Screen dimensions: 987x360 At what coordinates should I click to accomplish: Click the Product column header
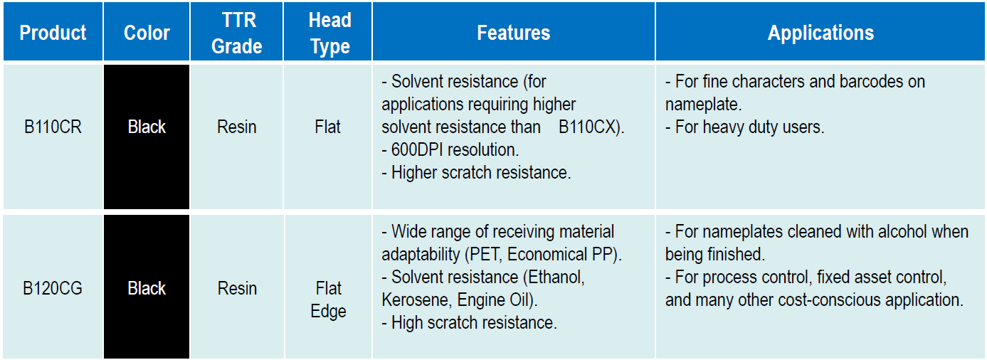53,33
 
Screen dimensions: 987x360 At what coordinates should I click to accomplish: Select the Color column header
147,33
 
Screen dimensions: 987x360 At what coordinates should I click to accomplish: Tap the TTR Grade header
237,33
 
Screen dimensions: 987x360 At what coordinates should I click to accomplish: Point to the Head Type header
330,33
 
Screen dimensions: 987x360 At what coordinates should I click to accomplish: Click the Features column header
514,33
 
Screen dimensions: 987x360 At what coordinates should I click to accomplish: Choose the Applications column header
821,33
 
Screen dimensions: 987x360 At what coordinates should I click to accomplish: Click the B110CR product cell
53,127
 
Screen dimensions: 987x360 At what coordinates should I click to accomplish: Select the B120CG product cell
53,288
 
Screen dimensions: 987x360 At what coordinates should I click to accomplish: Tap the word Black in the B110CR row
147,127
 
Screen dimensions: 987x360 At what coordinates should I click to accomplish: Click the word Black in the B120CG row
147,288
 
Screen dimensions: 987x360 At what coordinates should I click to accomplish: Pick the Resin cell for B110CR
237,127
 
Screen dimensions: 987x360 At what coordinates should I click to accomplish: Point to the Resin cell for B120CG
237,288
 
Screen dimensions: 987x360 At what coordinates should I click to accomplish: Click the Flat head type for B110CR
327,127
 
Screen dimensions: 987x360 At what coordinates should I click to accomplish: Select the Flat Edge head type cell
328,300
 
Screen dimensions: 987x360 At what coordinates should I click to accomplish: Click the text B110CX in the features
588,127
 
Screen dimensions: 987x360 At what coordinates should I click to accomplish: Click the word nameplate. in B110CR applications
704,105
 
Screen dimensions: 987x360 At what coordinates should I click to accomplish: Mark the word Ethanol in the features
556,277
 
